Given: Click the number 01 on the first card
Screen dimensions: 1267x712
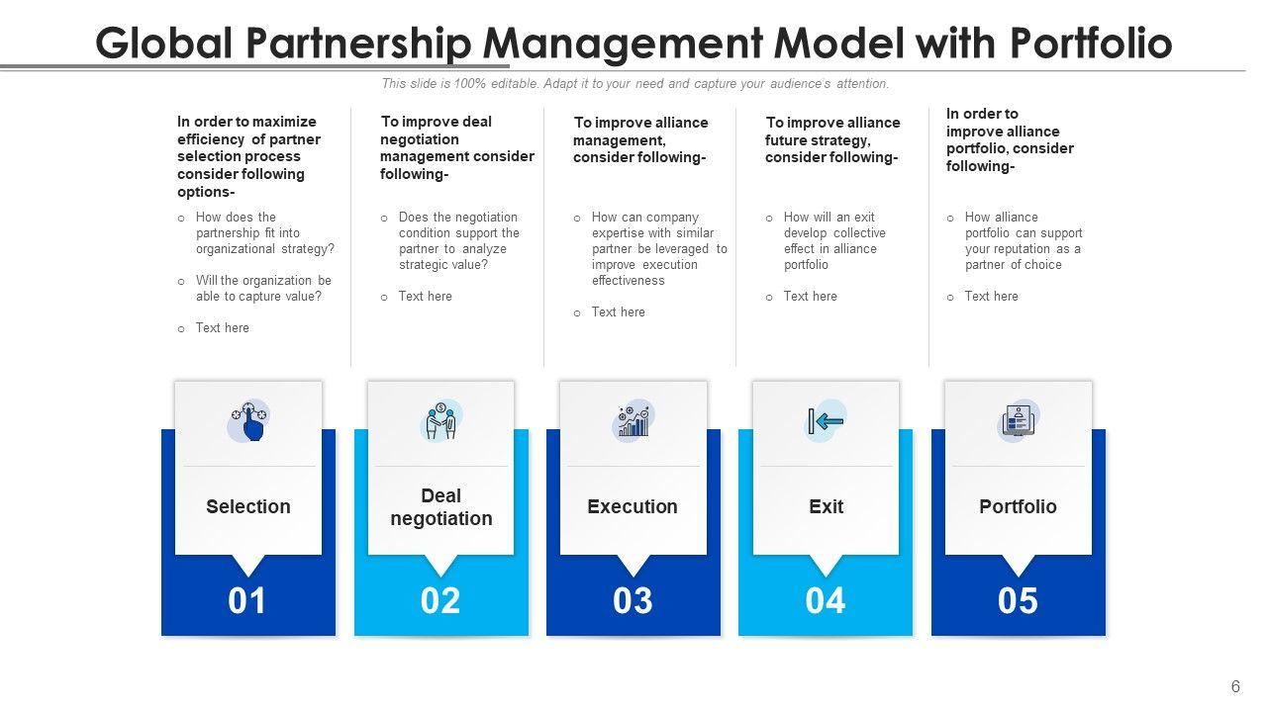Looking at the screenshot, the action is point(247,601).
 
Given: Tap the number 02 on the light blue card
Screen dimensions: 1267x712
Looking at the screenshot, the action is point(440,601).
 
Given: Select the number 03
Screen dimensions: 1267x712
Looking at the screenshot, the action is point(633,601).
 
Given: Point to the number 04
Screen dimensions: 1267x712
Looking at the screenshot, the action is point(826,601).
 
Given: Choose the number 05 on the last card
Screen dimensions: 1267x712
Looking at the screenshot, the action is point(1018,601).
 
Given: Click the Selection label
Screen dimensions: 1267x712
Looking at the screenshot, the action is point(248,506).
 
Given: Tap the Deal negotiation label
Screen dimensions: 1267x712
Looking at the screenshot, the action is point(441,507).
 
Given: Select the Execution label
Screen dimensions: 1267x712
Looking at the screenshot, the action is point(633,506).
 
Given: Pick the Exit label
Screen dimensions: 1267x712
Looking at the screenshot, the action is point(827,506).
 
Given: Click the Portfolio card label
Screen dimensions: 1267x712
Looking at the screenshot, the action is point(1018,506).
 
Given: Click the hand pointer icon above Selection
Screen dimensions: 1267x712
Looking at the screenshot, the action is point(249,421).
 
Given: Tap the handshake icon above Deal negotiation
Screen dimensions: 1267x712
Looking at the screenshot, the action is point(441,421).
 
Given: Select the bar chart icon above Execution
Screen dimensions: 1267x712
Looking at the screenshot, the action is point(633,421).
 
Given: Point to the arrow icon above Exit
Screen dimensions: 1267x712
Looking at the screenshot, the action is point(827,421).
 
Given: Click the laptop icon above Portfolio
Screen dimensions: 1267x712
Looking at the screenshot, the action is point(1018,422).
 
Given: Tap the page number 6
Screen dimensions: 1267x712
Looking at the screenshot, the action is point(1235,687).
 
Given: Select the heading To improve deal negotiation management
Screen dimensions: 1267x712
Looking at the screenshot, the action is point(456,147).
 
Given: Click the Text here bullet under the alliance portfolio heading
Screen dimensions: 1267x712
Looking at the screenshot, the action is point(991,297).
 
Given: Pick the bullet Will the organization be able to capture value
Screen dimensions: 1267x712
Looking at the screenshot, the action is point(263,288).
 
